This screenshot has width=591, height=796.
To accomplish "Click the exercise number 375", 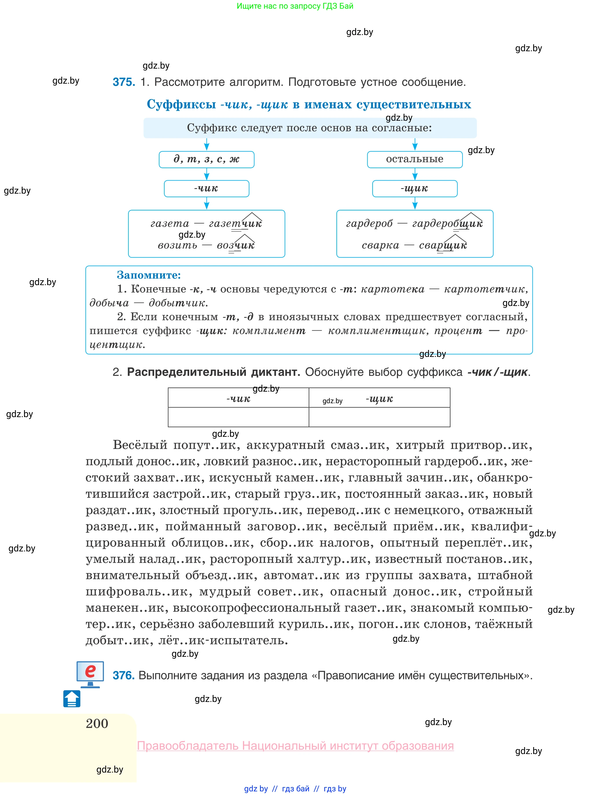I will pyautogui.click(x=124, y=82).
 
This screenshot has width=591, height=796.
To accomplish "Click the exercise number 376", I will pyautogui.click(x=124, y=675).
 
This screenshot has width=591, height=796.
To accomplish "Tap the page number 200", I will pyautogui.click(x=97, y=723).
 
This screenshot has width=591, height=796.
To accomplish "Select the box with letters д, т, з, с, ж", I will pyautogui.click(x=207, y=159).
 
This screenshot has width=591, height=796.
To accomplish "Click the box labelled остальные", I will pyautogui.click(x=415, y=159).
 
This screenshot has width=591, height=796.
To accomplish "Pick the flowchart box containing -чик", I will pyautogui.click(x=207, y=189).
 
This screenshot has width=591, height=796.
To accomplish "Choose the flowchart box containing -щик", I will pyautogui.click(x=415, y=189).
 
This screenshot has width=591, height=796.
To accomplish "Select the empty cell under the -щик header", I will pyautogui.click(x=379, y=417).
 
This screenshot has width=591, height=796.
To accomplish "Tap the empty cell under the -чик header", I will pyautogui.click(x=238, y=417).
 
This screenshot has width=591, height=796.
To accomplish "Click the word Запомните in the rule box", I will pyautogui.click(x=149, y=275).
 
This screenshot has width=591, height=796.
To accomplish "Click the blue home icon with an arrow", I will pyautogui.click(x=72, y=699).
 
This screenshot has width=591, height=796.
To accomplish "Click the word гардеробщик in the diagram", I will pyautogui.click(x=448, y=224).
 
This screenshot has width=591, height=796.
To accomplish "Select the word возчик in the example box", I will pyautogui.click(x=236, y=245).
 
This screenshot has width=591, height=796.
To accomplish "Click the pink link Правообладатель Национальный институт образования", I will pyautogui.click(x=296, y=746).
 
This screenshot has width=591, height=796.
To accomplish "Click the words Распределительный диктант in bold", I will pyautogui.click(x=213, y=372).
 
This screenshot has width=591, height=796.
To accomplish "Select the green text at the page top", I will pyautogui.click(x=295, y=6).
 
